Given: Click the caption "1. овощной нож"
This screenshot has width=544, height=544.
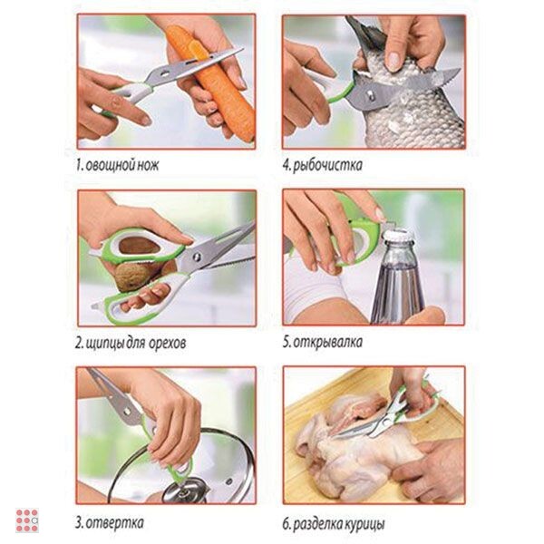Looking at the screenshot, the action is (117, 165).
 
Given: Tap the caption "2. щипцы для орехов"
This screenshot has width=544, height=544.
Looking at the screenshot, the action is (131, 343).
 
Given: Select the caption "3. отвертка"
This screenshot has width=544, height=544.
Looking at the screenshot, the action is (110, 522).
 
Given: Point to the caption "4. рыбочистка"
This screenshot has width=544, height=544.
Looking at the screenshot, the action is (322, 165).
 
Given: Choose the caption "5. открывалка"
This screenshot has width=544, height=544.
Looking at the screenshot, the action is (322, 342).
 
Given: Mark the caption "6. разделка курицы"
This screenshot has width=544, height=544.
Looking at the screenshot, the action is (334, 524).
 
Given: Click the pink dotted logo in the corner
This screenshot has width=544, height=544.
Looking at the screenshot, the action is (27, 520).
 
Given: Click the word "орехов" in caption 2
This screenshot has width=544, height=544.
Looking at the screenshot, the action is (167, 343).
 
